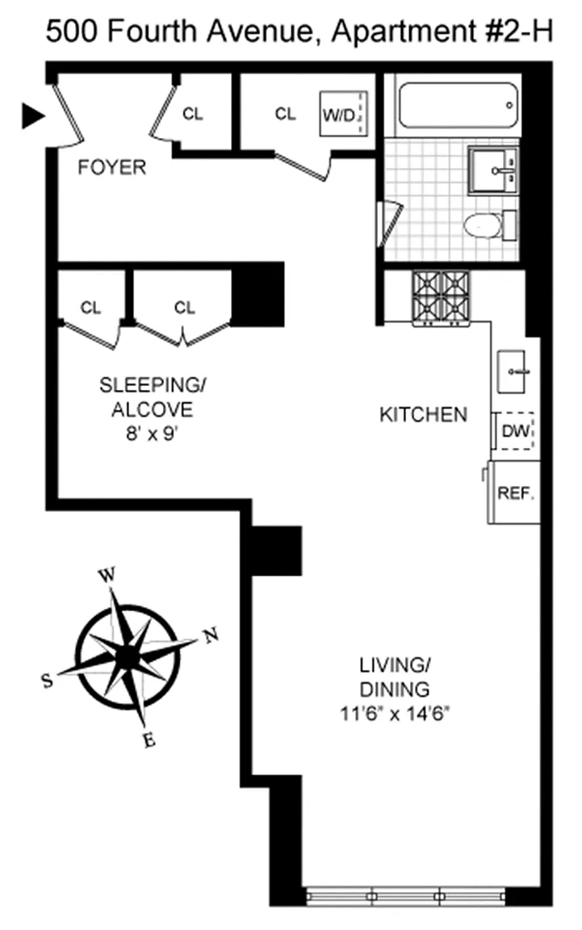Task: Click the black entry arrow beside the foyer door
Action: [x=32, y=115]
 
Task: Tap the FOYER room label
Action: [x=112, y=167]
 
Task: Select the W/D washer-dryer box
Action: [x=344, y=114]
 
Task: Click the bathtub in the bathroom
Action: [x=458, y=106]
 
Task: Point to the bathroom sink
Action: [x=493, y=171]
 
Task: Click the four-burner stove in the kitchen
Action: [x=441, y=299]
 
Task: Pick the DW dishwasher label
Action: [x=515, y=431]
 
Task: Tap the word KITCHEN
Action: [x=423, y=415]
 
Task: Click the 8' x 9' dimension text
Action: [x=152, y=434]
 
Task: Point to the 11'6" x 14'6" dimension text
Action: [x=395, y=714]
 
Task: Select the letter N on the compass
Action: [x=211, y=636]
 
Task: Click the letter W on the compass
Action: [x=107, y=575]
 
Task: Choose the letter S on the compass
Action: [x=47, y=681]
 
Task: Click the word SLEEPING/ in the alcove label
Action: [x=152, y=386]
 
